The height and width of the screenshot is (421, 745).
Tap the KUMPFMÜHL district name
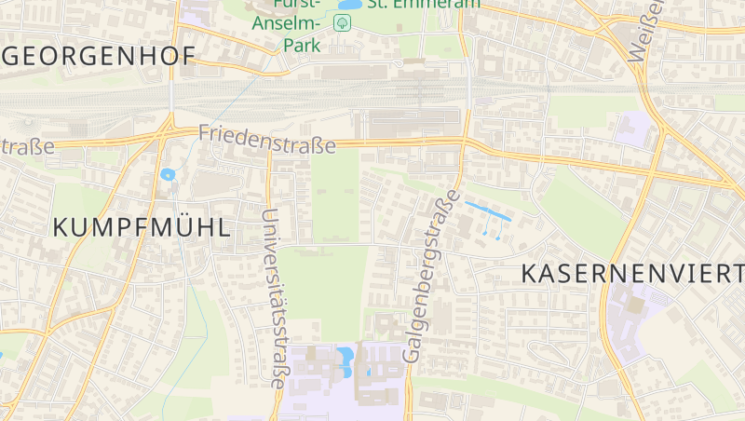[x=142, y=226]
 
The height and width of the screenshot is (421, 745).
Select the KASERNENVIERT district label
[x=631, y=273]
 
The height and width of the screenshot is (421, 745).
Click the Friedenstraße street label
[x=267, y=140]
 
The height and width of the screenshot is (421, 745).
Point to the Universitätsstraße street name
[x=274, y=298]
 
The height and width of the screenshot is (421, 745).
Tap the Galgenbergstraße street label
[x=430, y=276]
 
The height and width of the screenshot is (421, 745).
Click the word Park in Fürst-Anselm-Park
[x=303, y=44]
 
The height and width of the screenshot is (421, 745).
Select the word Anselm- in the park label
[x=286, y=24]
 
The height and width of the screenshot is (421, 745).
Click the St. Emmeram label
[x=424, y=4]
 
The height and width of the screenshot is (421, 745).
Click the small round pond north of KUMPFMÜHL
[x=168, y=174]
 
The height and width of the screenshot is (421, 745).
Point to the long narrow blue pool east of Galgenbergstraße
[x=488, y=210]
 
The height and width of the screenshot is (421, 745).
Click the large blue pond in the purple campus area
[x=345, y=356]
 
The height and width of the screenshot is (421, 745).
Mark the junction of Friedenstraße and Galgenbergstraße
[x=463, y=142]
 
